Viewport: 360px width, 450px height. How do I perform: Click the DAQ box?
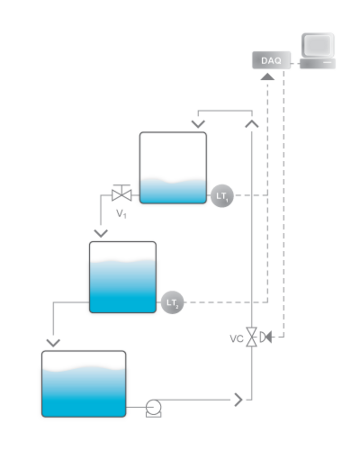point(271,60)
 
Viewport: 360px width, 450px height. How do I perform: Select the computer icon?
point(318,50)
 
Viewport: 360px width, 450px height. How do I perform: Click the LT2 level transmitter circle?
point(172,302)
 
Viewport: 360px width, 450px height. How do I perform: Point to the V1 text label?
point(121,214)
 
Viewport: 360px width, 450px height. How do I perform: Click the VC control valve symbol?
point(252,337)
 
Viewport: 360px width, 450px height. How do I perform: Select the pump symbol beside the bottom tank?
point(154,408)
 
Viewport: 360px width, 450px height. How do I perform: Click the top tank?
point(173,168)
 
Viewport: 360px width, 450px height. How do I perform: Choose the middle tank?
point(123,277)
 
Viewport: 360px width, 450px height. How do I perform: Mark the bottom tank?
point(84,384)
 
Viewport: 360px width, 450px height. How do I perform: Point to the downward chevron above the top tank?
point(198,124)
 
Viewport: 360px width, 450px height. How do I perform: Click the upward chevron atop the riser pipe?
point(252,124)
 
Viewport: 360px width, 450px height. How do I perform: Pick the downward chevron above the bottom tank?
point(54,343)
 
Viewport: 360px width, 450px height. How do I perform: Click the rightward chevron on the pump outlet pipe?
point(238,399)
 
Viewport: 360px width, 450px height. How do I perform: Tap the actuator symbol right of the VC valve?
point(265,336)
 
